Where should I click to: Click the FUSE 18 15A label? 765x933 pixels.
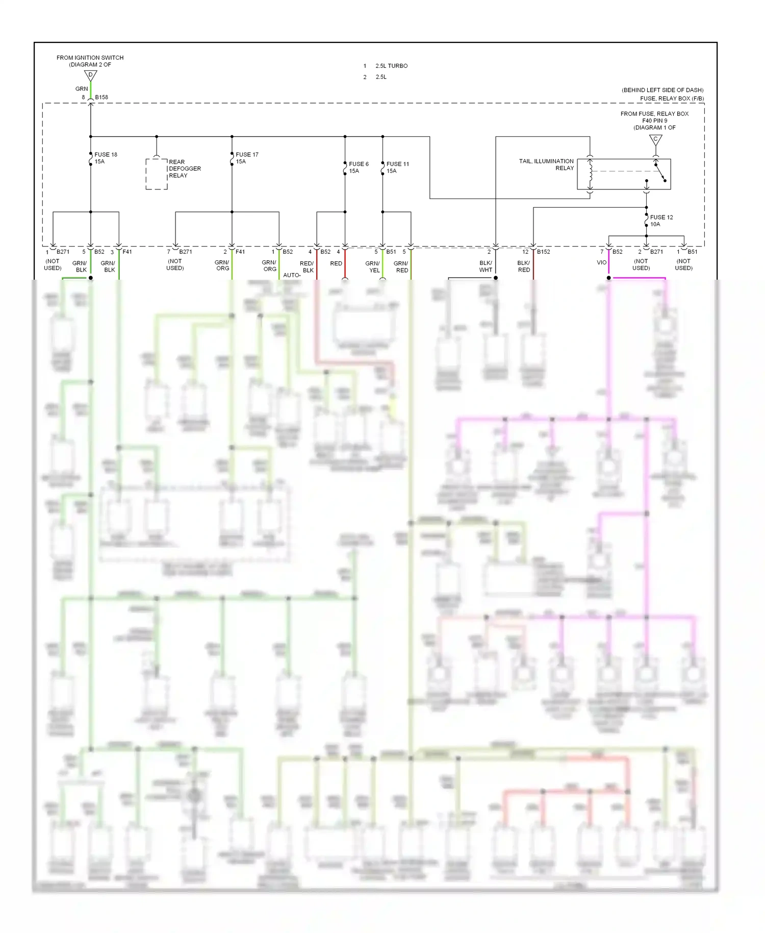click(x=106, y=158)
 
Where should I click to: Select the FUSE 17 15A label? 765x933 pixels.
click(x=247, y=158)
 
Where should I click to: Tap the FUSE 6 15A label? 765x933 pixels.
click(x=359, y=167)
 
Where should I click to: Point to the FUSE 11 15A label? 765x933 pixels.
click(x=397, y=167)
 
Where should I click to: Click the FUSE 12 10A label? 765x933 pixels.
click(x=661, y=220)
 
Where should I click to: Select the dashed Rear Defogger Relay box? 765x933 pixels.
click(x=157, y=174)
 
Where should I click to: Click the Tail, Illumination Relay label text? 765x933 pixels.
click(x=546, y=164)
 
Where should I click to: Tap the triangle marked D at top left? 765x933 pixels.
click(x=90, y=76)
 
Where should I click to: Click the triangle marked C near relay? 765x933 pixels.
click(x=655, y=139)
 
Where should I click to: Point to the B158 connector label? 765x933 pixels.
click(x=101, y=97)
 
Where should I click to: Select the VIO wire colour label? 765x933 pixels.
click(x=602, y=262)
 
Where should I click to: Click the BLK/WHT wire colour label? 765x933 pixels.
click(x=486, y=266)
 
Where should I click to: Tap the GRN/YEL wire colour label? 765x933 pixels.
click(x=373, y=267)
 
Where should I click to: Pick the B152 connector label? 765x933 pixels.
click(x=543, y=252)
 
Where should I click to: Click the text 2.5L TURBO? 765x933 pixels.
click(x=391, y=66)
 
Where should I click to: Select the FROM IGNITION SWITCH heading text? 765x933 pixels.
click(x=90, y=58)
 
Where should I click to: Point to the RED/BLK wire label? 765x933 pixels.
click(x=307, y=267)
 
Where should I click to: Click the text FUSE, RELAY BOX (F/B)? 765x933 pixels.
click(x=672, y=99)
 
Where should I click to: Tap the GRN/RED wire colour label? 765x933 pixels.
click(x=401, y=267)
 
